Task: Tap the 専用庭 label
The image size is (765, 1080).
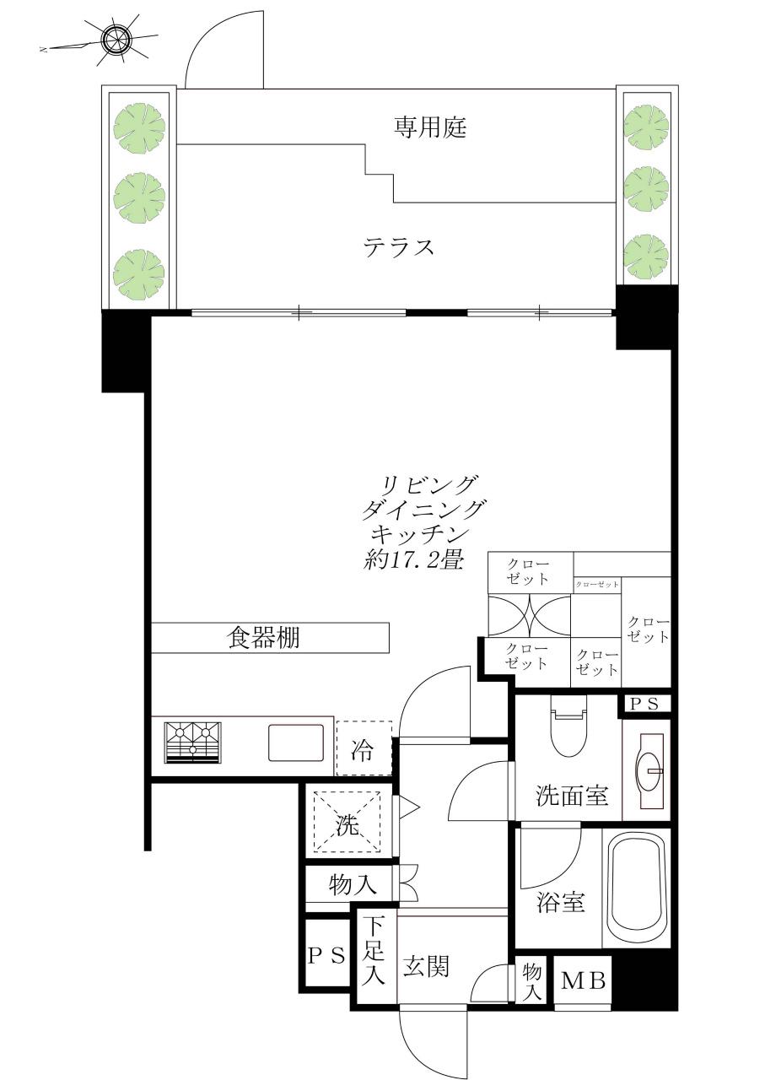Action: [x=430, y=127]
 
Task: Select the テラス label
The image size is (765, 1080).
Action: [x=399, y=248]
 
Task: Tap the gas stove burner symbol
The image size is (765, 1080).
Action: [x=193, y=742]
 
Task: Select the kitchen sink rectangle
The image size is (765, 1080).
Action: [x=296, y=742]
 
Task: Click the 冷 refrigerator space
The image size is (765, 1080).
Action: [x=363, y=748]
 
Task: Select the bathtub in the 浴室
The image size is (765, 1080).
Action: [x=638, y=890]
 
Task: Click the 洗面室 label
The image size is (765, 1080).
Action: [x=574, y=796]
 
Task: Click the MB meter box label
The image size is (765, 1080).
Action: [x=583, y=981]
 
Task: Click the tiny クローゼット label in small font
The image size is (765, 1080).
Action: [x=596, y=584]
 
